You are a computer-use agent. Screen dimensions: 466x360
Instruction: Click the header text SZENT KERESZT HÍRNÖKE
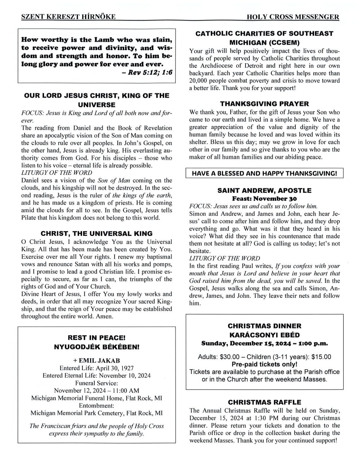[68, 16]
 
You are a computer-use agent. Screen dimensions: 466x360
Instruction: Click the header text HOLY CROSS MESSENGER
[293, 17]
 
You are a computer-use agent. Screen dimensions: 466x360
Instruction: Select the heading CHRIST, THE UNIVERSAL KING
[97, 234]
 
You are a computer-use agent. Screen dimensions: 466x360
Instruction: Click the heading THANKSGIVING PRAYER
[264, 104]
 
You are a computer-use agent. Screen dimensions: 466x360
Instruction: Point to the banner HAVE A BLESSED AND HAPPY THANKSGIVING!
[264, 173]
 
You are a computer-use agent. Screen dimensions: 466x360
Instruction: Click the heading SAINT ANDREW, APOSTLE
[264, 191]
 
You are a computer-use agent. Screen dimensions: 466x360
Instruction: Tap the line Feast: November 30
[264, 198]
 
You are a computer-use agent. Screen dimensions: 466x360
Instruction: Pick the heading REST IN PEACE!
[97, 338]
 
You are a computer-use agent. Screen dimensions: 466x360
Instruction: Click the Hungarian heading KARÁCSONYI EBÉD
[264, 335]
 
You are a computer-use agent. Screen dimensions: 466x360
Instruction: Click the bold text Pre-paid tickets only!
[264, 364]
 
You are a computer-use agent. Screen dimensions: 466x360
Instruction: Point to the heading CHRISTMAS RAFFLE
[264, 402]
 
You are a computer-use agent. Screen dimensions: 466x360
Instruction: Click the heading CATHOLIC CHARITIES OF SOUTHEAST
[264, 34]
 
